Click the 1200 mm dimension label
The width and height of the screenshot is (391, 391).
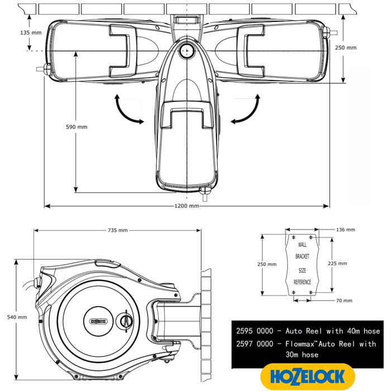point(187,206)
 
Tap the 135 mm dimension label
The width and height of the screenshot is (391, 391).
point(14,32)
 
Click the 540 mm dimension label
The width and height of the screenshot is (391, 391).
point(18,317)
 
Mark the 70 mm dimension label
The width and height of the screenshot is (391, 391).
point(344,301)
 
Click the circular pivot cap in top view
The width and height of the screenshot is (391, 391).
point(185,51)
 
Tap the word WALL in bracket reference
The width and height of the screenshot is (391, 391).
point(302,245)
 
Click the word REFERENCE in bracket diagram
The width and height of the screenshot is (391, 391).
point(302,283)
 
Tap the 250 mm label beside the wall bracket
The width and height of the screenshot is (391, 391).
point(268,264)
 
